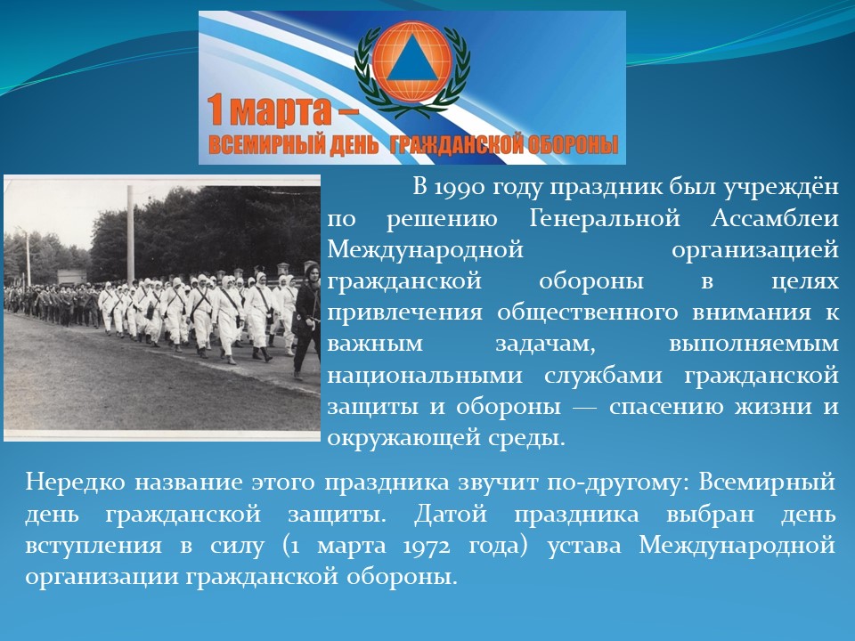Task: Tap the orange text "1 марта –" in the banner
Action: pyautogui.click(x=282, y=110)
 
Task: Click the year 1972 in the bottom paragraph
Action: pyautogui.click(x=427, y=546)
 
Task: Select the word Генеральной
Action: pyautogui.click(x=605, y=219)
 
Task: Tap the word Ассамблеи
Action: pyautogui.click(x=774, y=219)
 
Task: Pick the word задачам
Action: pyautogui.click(x=545, y=345)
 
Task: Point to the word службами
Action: pyautogui.click(x=603, y=375)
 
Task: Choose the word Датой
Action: pyautogui.click(x=451, y=515)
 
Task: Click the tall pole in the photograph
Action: pyautogui.click(x=130, y=234)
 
